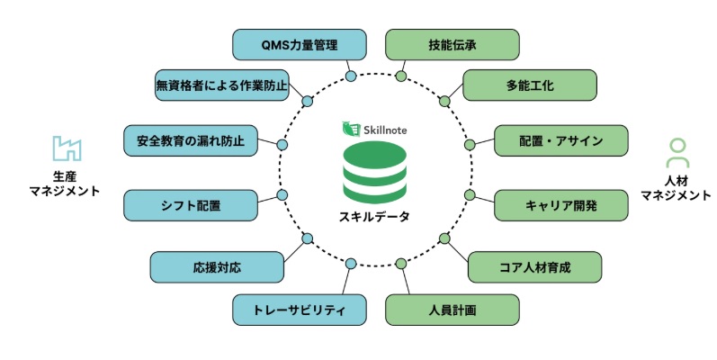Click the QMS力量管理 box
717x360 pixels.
[x=300, y=43]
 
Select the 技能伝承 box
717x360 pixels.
[x=453, y=43]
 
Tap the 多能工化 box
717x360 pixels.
[x=530, y=85]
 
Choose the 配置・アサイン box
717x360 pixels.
[x=560, y=140]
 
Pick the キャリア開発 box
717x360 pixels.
[x=560, y=205]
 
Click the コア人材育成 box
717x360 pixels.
[x=535, y=266]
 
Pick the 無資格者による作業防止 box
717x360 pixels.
[x=221, y=85]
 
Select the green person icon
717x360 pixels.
[x=676, y=153]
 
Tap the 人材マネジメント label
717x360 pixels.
[x=676, y=187]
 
